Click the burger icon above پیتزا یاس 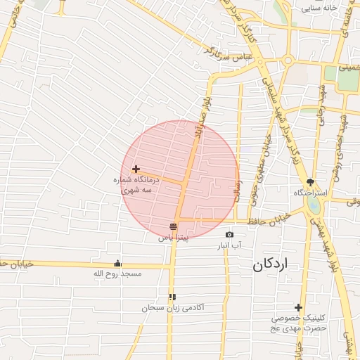coord(173,226)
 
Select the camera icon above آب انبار coord(229,234)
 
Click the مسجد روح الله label coord(117,273)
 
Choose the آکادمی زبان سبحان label coord(172,308)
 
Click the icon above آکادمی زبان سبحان coord(172,297)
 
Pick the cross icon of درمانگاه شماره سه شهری coord(136,169)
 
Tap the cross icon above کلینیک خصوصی coord(299,307)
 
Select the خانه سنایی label coord(320,8)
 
